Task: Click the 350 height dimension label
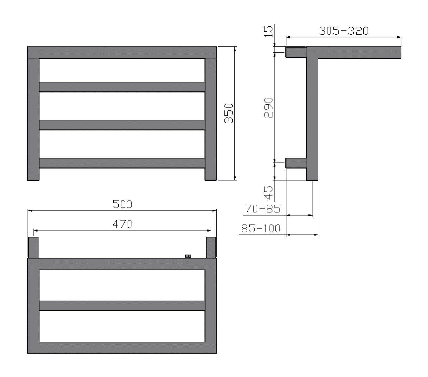tap(229, 113)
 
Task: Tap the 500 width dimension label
tap(122, 204)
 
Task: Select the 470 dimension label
tap(122, 224)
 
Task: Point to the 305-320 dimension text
tap(344, 31)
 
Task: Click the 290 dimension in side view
tap(268, 107)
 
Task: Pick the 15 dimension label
tap(268, 31)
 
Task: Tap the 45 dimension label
tap(268, 193)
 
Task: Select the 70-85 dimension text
tap(263, 209)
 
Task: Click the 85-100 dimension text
tap(261, 228)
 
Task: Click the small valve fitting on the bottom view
tap(188, 257)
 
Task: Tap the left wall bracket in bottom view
tap(33, 247)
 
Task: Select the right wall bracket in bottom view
tap(211, 247)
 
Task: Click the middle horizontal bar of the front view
tap(122, 125)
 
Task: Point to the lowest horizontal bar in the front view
tap(122, 163)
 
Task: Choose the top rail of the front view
tap(122, 52)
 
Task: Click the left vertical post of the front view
tap(33, 119)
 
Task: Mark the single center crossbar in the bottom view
tap(122, 306)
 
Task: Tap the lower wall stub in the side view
tap(296, 163)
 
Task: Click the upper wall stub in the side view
tap(296, 52)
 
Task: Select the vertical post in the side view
tap(312, 119)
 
